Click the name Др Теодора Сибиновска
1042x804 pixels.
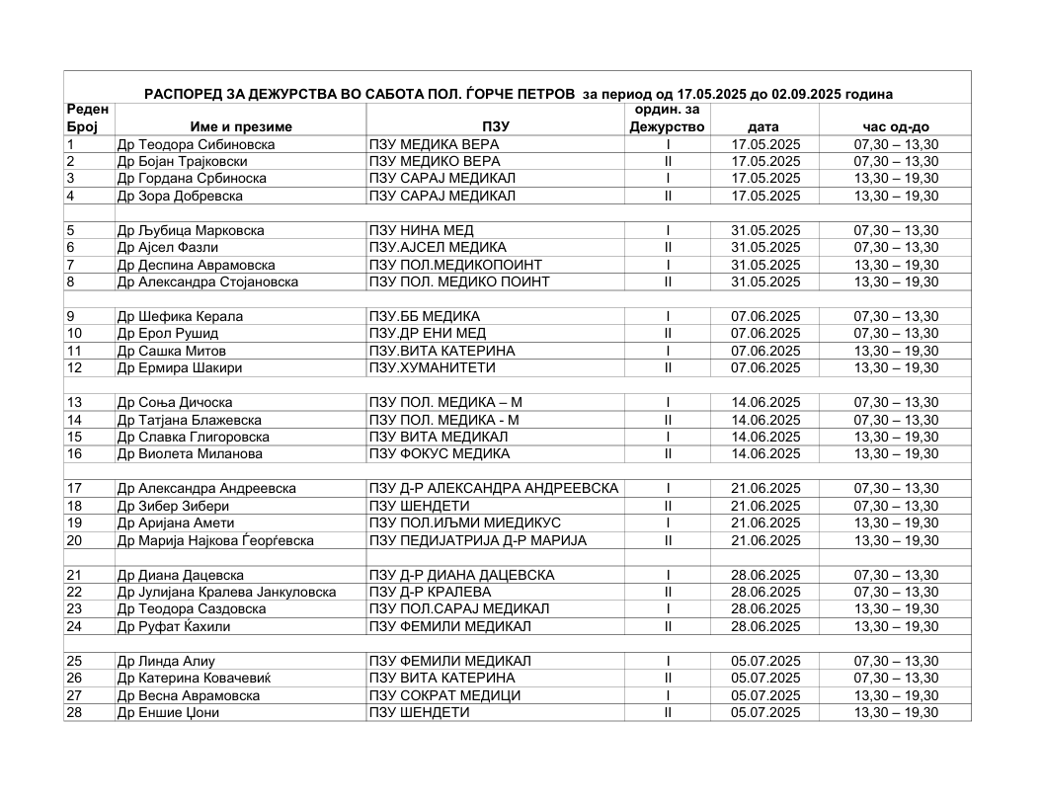coord(196,145)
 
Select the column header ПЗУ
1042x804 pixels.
coord(496,127)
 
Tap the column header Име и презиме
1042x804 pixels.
coord(241,127)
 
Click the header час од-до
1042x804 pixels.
coord(895,127)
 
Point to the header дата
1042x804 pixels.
coord(763,127)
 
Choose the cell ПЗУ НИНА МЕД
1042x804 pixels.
coord(418,231)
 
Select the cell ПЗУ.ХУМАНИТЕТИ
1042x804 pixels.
coord(433,368)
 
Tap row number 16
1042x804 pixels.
coord(74,454)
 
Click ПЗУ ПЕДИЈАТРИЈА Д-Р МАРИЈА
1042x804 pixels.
coord(478,540)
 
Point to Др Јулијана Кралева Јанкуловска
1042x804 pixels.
coord(226,593)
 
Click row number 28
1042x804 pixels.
coord(74,713)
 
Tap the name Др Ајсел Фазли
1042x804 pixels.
coord(167,248)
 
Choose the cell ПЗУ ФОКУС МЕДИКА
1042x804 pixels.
coord(440,454)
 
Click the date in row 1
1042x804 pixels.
coord(764,145)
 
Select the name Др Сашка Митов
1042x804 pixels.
coord(172,352)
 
